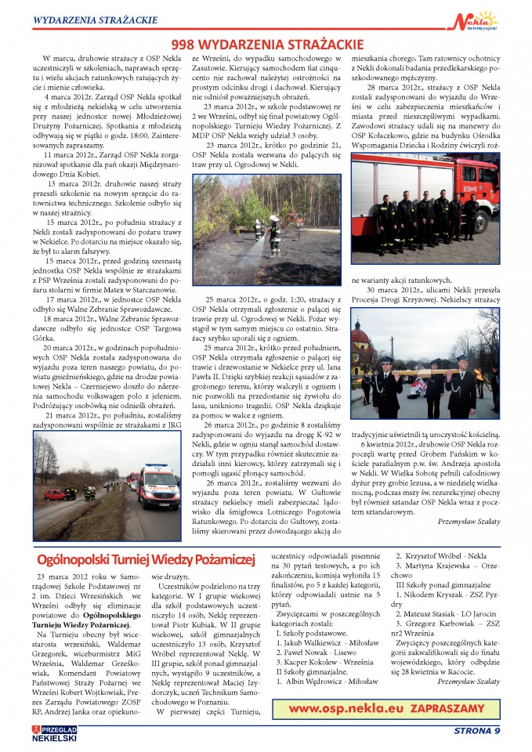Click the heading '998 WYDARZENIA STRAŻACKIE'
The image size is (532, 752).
coord(266,45)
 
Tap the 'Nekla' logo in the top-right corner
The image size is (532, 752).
coord(476,19)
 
